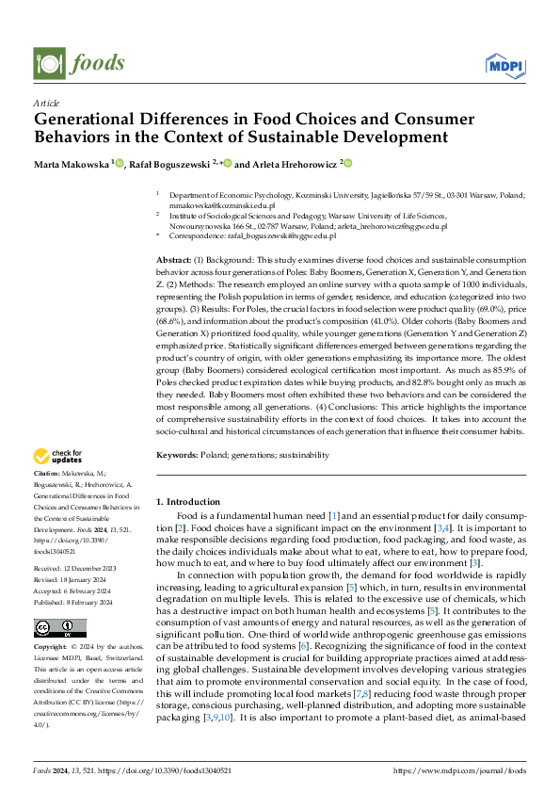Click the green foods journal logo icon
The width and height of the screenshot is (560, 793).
pyautogui.click(x=48, y=63)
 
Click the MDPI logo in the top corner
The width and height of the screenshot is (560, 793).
pyautogui.click(x=505, y=64)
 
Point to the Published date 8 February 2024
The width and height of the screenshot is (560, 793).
pyautogui.click(x=91, y=602)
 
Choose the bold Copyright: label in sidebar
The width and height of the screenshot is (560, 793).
pyautogui.click(x=53, y=649)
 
